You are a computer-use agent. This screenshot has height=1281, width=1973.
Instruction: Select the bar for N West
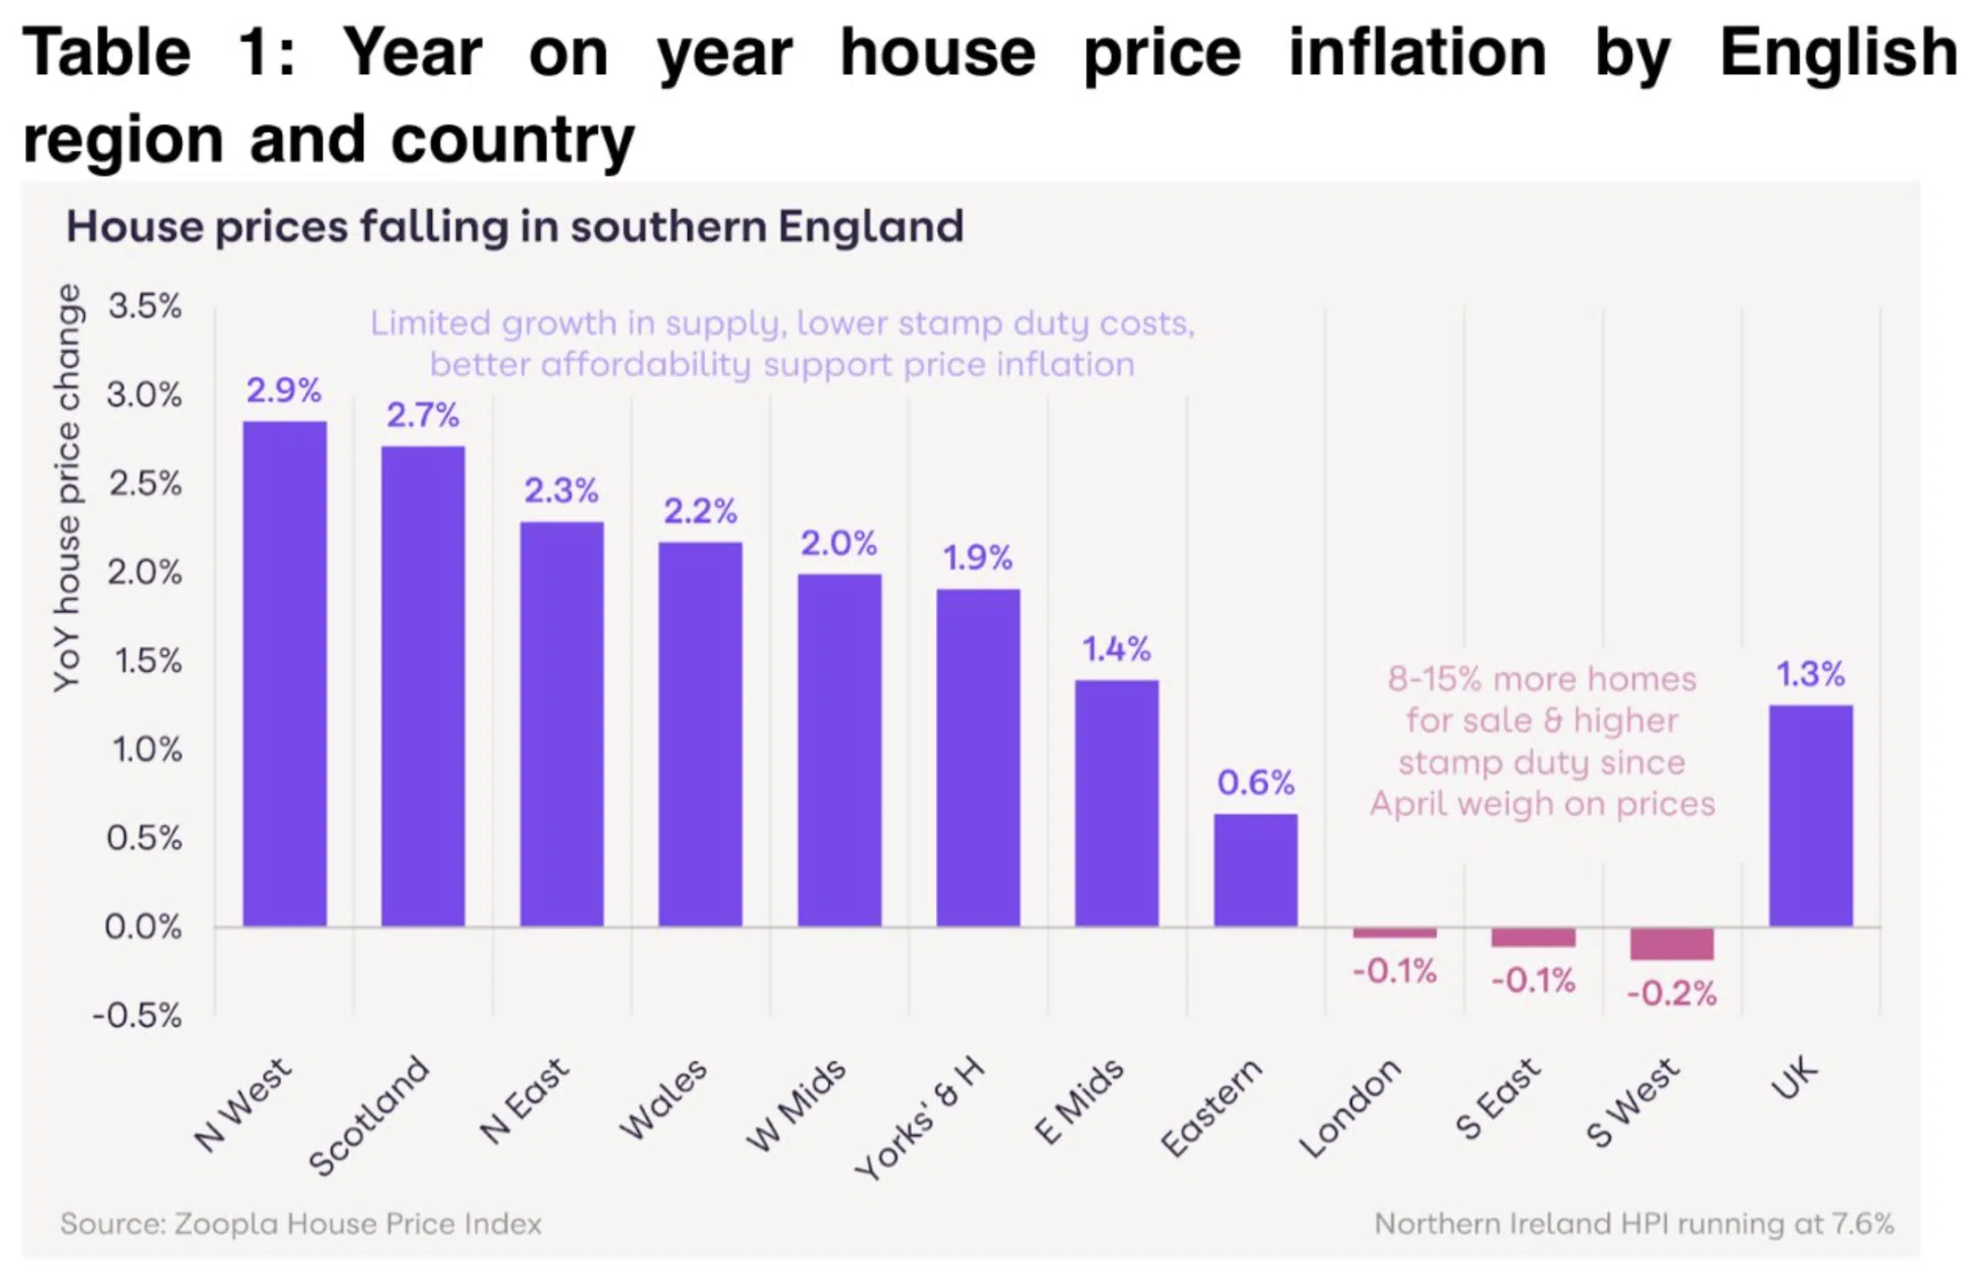[x=284, y=672]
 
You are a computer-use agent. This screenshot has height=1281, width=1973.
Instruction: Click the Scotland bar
[x=423, y=686]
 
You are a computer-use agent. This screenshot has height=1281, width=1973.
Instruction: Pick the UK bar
[x=1810, y=815]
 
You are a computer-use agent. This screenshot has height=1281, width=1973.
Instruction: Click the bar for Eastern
[x=1255, y=869]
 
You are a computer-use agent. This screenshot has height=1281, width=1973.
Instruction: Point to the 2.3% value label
[x=561, y=491]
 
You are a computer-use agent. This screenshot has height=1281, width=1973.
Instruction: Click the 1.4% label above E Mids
[x=1116, y=649]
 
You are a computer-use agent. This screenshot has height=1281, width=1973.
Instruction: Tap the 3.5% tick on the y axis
[x=145, y=307]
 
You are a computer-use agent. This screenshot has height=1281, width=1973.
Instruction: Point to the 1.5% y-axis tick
[x=147, y=660]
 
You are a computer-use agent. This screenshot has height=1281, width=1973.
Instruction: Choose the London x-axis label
[x=1350, y=1108]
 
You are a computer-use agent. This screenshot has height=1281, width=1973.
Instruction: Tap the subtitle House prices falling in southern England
[x=514, y=226]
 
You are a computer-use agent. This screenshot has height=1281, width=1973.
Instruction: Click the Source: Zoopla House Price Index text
[x=301, y=1224]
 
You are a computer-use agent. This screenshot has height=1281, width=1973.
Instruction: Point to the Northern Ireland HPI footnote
[x=1633, y=1224]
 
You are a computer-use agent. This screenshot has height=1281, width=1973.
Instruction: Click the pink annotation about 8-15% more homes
[x=1542, y=741]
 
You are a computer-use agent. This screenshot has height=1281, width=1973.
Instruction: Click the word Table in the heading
[x=106, y=52]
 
